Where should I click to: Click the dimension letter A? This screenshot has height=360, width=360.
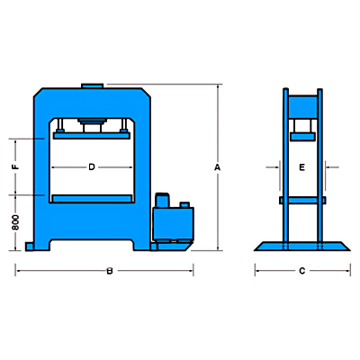(x=217, y=167)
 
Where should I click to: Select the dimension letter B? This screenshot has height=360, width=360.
(x=110, y=271)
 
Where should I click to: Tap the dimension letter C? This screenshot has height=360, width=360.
(x=301, y=271)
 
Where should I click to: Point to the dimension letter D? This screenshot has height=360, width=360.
(x=92, y=166)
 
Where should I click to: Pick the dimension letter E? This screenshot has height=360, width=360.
(x=301, y=167)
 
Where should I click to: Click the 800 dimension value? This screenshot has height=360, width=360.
(x=15, y=222)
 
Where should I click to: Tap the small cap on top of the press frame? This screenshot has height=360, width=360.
(x=93, y=85)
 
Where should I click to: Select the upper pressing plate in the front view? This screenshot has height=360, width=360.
(x=92, y=135)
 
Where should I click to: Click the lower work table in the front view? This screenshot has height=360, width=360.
(x=92, y=198)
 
